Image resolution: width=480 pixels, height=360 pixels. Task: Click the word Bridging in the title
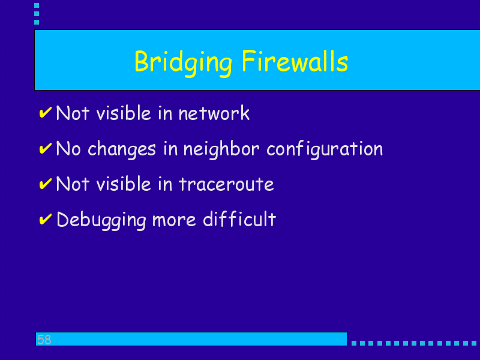tap(183, 63)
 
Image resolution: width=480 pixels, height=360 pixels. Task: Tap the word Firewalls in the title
tap(295, 61)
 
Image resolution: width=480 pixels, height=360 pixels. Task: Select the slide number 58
tap(44, 340)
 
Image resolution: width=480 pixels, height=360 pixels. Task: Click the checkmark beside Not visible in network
tap(46, 113)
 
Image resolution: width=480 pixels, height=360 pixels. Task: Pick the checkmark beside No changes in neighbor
tap(46, 148)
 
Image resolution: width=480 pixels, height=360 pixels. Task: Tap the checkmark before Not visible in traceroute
tap(46, 184)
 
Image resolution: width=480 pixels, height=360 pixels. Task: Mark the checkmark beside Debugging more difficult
tap(46, 219)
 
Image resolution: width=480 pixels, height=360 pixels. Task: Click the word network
tap(214, 113)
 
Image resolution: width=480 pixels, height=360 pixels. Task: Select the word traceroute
tap(226, 184)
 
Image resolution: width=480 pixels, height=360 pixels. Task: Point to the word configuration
tap(325, 149)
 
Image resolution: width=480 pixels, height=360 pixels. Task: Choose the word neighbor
tap(221, 149)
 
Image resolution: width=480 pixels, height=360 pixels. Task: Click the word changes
tap(122, 149)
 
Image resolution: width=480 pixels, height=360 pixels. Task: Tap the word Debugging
tap(101, 220)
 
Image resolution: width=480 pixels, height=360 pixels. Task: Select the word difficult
tap(239, 219)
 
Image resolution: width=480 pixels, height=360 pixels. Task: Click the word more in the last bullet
tap(174, 220)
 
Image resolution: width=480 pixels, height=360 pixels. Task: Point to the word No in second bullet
tap(68, 148)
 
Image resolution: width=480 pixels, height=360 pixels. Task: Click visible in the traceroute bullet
tap(124, 184)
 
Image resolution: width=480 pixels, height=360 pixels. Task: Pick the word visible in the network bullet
tap(124, 113)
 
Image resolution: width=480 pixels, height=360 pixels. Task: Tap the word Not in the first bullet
tap(73, 113)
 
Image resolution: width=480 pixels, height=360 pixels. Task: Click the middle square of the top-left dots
tap(37, 14)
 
